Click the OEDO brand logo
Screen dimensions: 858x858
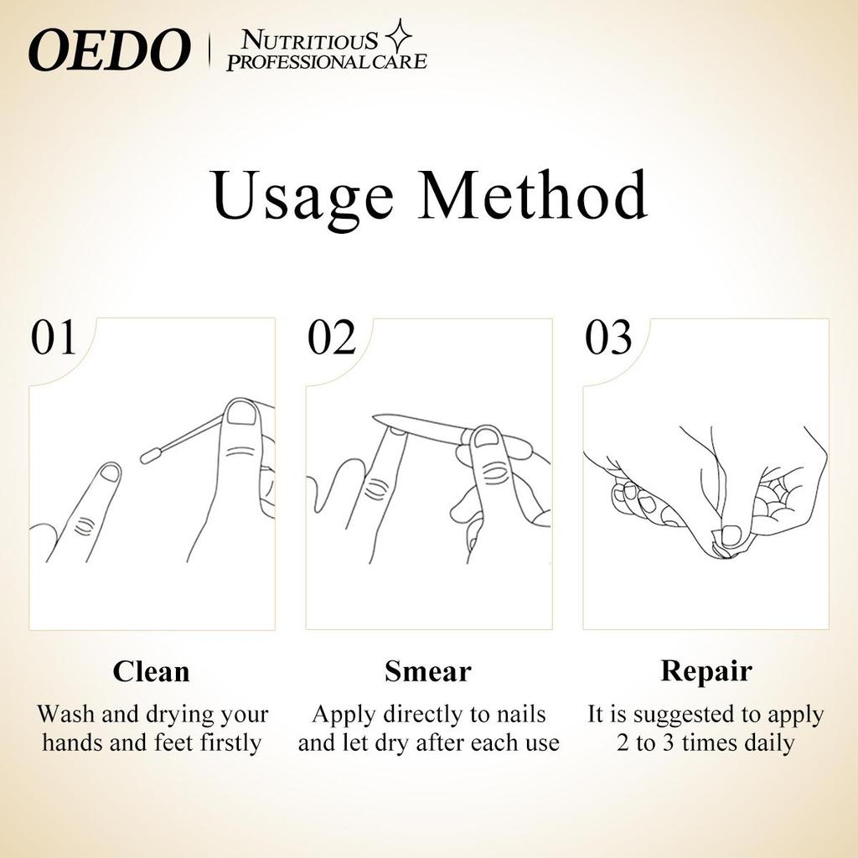(110, 50)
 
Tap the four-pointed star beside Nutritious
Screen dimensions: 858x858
(398, 35)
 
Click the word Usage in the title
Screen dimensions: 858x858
(302, 195)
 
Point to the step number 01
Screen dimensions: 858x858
(53, 337)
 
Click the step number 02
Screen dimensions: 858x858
(332, 337)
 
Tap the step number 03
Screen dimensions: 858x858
(608, 337)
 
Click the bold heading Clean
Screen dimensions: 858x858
(151, 671)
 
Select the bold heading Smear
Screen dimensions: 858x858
(428, 671)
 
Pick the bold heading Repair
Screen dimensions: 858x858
(706, 672)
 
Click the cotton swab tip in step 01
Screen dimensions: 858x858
(150, 456)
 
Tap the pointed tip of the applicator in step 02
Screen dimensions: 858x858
(375, 418)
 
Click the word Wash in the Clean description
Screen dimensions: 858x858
(67, 714)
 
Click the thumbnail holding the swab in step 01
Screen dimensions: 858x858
(241, 413)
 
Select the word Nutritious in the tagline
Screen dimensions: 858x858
(310, 40)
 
